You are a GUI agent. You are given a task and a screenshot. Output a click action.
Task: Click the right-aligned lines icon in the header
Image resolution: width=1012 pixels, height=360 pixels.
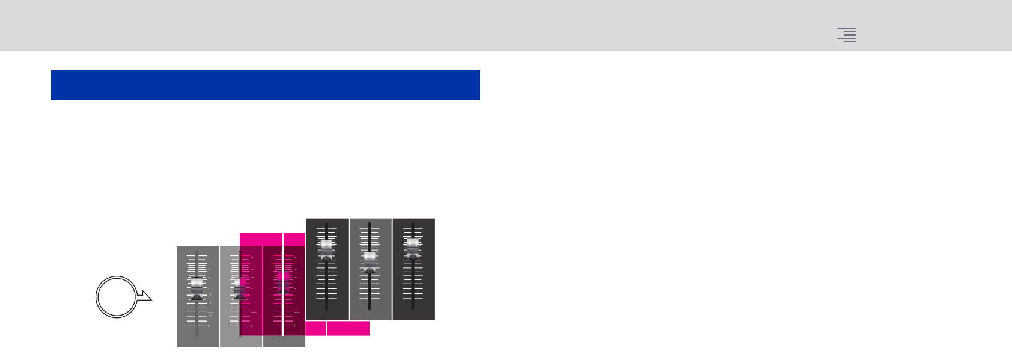847,35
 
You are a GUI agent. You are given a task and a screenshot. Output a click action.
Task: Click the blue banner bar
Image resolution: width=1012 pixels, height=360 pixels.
265,85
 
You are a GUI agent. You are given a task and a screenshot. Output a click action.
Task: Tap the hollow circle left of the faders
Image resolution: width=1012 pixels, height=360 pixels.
116,297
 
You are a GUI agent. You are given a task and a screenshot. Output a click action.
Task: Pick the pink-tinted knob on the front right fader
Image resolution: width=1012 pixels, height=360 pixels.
283,279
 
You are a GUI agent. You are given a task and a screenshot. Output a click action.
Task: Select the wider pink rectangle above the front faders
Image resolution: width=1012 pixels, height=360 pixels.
261,239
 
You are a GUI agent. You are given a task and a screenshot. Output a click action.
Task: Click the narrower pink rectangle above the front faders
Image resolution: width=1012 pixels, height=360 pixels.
294,239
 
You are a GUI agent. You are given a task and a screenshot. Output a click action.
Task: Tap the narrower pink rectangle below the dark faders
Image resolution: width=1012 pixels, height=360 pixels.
315,328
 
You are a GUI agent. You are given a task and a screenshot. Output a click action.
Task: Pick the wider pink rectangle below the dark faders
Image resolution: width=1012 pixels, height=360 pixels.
348,328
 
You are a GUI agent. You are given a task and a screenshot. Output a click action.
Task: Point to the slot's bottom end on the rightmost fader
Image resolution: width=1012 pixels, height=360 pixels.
413,308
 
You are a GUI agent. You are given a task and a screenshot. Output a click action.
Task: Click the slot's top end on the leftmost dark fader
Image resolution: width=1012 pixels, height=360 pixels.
326,224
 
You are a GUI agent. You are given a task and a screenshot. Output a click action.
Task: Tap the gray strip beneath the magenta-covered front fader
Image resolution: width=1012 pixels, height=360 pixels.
284,341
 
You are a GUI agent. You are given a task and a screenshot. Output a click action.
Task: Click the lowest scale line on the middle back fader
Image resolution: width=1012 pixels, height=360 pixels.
370,299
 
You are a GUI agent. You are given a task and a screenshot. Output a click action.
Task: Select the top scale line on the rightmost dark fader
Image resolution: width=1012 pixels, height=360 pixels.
413,228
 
